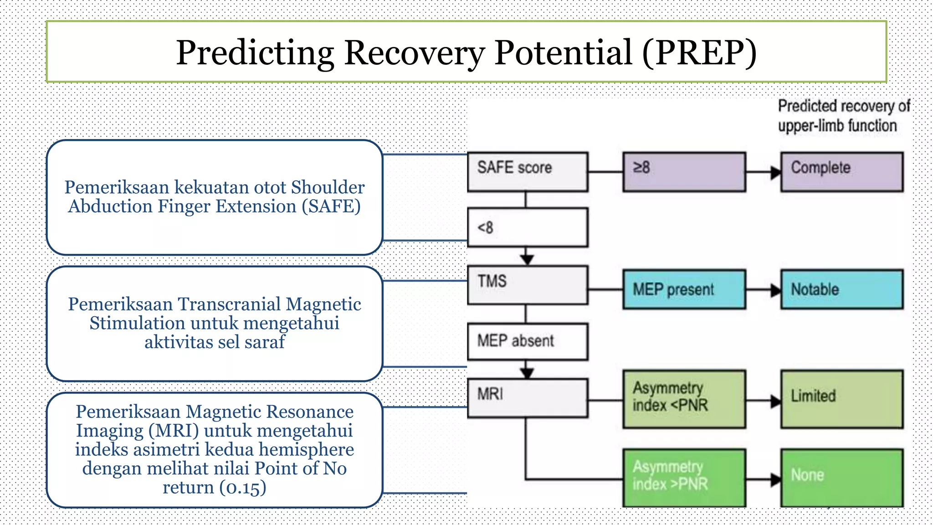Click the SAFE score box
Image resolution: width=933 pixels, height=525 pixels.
click(528, 171)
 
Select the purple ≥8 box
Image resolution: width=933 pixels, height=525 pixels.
click(684, 171)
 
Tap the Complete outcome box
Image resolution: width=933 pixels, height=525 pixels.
click(841, 171)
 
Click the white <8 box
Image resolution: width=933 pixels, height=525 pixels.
click(528, 227)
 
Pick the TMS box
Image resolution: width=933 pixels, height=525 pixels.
click(528, 285)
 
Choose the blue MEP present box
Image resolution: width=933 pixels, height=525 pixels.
click(684, 289)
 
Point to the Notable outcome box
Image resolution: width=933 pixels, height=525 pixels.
click(841, 289)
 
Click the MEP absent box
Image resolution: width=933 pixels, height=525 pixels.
click(528, 341)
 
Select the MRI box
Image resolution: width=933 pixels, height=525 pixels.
click(528, 397)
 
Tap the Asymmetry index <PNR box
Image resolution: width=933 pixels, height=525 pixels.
click(684, 399)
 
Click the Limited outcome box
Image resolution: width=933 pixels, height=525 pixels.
click(841, 399)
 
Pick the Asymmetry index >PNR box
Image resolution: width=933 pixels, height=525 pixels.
click(684, 477)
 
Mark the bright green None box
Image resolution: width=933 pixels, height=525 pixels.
click(841, 477)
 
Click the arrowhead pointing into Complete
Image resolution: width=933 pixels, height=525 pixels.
click(775, 172)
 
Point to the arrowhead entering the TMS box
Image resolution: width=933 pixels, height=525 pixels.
click(527, 259)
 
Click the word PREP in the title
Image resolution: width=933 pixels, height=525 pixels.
click(699, 52)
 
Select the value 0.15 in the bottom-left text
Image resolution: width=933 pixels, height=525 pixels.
click(243, 488)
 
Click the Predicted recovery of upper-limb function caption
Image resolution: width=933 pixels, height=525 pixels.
click(843, 116)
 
